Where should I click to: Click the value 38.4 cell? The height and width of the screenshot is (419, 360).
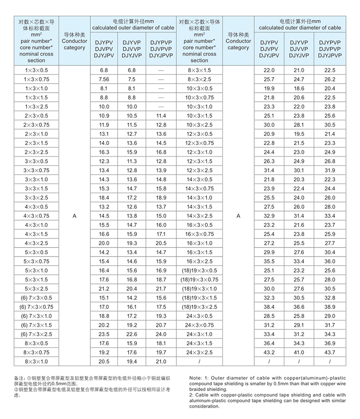coord(269,307)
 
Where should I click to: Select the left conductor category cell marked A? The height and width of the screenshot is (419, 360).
coord(75,216)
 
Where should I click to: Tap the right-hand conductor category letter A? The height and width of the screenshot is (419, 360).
coord(238,216)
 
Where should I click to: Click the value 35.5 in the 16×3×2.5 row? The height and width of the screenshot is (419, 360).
coord(269,261)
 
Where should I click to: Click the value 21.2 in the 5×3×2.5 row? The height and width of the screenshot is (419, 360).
coord(104,288)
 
